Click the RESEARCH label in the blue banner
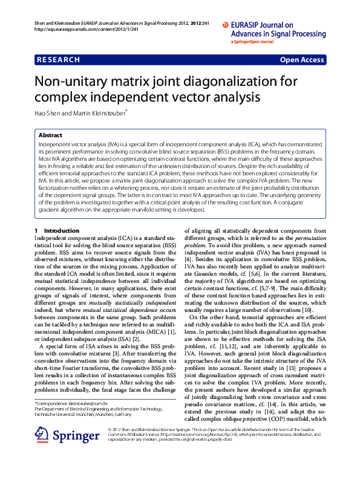[59, 60]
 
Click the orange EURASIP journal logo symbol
[226, 25]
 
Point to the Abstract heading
[50, 135]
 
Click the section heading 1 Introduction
[57, 231]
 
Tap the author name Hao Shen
[48, 112]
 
